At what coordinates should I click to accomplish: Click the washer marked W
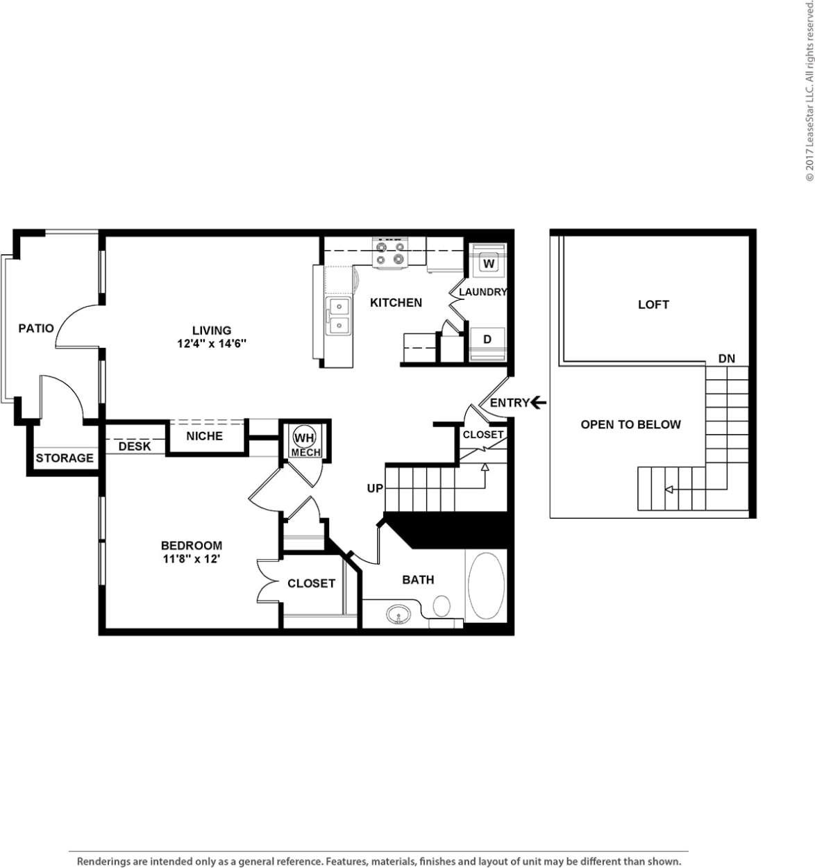tap(489, 263)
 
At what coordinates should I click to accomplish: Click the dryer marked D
tap(487, 339)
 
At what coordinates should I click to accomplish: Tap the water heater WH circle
tap(304, 438)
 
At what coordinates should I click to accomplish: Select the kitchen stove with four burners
tap(389, 253)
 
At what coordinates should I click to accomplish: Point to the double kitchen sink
tap(339, 316)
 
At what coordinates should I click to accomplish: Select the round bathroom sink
tap(398, 614)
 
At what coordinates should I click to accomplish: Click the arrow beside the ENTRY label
tap(539, 402)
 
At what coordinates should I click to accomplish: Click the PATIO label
tap(36, 328)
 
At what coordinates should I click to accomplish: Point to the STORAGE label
tap(65, 458)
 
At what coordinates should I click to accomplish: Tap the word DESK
tap(135, 446)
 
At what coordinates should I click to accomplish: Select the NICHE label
tap(204, 435)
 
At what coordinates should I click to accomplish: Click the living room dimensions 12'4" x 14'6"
tap(212, 343)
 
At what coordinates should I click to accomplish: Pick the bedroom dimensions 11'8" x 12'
tap(191, 558)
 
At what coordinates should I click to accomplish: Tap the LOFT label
tap(653, 304)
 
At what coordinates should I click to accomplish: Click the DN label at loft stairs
tap(726, 358)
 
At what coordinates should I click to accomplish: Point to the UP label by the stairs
tap(375, 488)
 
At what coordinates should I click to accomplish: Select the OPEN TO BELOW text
tap(630, 424)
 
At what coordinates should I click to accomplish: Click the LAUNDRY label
tap(483, 292)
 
